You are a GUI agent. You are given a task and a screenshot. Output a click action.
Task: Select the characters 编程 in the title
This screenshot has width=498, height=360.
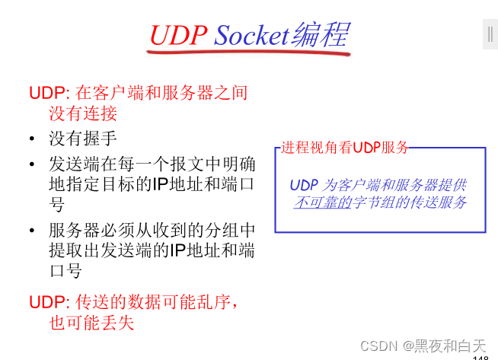click(x=320, y=35)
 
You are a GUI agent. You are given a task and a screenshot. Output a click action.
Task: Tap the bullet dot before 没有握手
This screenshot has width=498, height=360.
click(x=32, y=139)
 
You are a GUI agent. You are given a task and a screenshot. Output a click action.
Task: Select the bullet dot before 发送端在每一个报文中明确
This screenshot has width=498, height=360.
click(x=32, y=164)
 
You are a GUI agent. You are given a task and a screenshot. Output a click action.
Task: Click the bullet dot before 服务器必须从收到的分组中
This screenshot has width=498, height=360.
click(x=32, y=231)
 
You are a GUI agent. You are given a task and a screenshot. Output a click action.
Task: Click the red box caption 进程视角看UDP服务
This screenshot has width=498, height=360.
click(x=345, y=148)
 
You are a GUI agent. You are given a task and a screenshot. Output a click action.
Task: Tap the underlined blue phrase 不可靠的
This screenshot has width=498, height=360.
click(x=322, y=202)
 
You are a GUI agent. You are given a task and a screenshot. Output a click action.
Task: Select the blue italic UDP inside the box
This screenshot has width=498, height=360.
click(x=304, y=185)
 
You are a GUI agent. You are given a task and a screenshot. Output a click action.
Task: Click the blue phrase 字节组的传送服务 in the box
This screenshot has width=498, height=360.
click(x=409, y=202)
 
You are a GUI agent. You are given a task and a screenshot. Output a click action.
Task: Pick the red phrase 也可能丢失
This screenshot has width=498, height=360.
click(x=91, y=322)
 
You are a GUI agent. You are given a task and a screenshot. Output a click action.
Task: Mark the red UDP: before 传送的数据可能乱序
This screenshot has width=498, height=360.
click(x=50, y=301)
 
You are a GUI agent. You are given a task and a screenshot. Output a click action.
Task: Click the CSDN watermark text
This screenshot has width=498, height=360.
click(x=380, y=345)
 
